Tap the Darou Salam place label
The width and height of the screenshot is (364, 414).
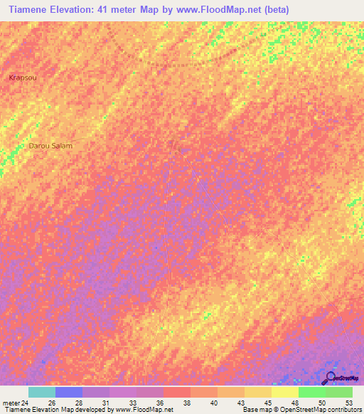tap(50, 146)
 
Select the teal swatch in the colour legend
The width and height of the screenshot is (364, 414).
tap(42, 392)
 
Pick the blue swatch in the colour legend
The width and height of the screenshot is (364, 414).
tap(69, 392)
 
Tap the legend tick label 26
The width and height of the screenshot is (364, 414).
tap(52, 403)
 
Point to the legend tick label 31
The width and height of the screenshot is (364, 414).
tap(106, 403)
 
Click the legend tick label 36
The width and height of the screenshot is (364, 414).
tap(160, 403)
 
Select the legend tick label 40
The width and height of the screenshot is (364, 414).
tap(214, 403)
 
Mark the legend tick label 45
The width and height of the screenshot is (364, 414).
tap(268, 403)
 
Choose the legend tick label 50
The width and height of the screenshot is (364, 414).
tap(322, 403)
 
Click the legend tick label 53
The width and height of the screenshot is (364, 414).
tap(348, 403)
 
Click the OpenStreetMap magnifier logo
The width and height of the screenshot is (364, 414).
tap(331, 377)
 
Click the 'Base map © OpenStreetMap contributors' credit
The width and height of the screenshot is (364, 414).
tap(301, 410)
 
